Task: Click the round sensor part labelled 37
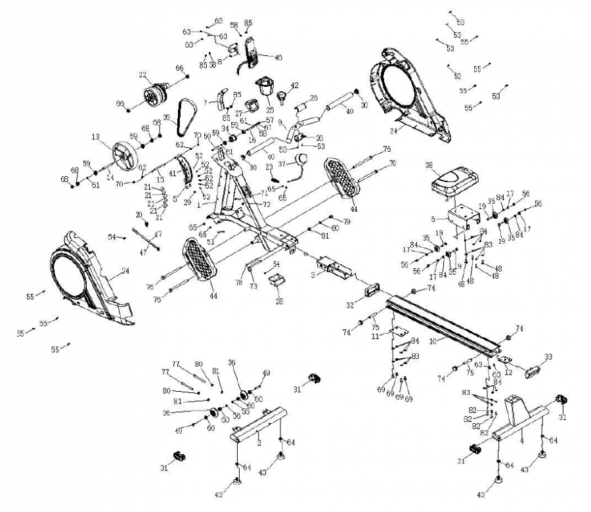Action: [302, 159]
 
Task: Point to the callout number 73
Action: [253, 287]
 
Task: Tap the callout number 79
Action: [346, 222]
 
